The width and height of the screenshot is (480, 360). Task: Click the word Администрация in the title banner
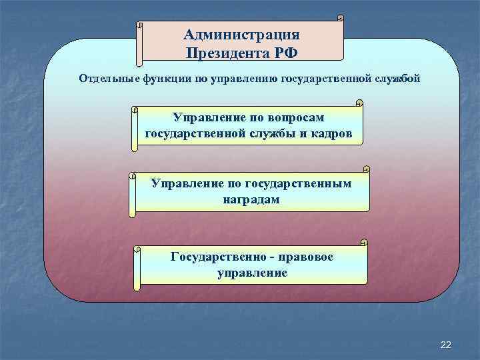coord(241,35)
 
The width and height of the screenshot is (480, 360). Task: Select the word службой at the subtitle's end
coord(397,79)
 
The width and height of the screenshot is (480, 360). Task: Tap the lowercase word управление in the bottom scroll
coord(252,273)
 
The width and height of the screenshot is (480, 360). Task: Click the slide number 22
coord(446,344)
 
